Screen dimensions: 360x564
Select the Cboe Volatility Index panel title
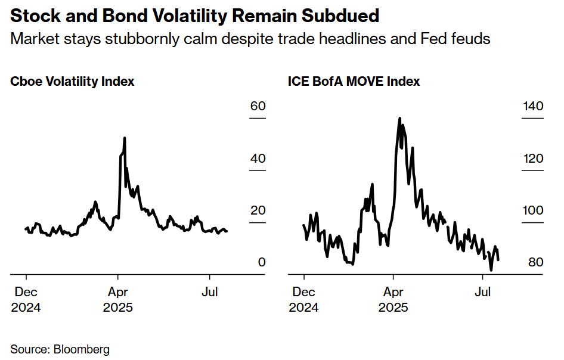coord(72,82)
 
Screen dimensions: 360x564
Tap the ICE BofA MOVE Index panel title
coord(354,82)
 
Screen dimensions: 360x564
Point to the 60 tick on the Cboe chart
coord(258,107)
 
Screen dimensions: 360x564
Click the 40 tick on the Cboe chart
coord(258,159)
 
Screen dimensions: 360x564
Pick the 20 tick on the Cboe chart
coord(258,211)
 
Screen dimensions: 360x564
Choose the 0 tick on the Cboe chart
coord(262,263)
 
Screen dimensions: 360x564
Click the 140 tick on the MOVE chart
coord(532,107)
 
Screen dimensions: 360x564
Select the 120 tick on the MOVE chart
coord(532,159)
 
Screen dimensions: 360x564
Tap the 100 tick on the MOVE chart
coord(532,211)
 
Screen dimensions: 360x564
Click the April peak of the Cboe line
coord(124,138)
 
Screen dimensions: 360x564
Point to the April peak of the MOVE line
coord(400,118)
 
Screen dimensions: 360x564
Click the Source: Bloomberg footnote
coord(60,349)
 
